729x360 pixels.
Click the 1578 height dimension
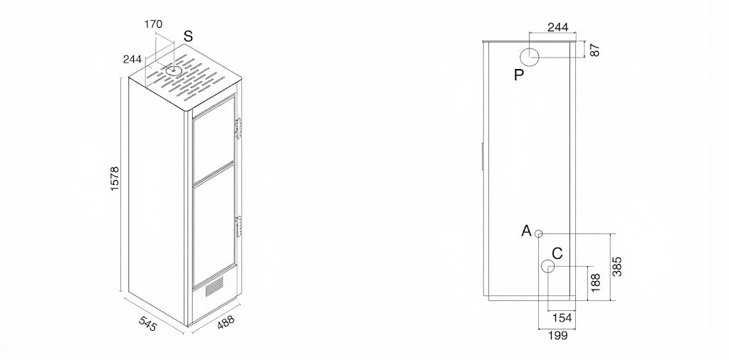tap(115, 179)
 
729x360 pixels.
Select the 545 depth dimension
tap(147, 324)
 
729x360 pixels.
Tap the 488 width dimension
tap(226, 323)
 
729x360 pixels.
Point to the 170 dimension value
tap(154, 25)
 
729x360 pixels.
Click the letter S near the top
tap(188, 36)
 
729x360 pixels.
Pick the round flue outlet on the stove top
tap(174, 71)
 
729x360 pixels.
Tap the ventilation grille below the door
tap(214, 286)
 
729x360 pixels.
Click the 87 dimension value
tap(594, 50)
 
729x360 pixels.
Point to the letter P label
tap(519, 75)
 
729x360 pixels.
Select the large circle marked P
tap(529, 57)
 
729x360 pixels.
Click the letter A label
tap(526, 231)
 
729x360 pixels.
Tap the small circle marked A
tap(538, 233)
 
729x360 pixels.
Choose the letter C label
tap(557, 253)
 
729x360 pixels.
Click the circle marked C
tap(548, 267)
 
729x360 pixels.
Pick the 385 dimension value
tap(617, 266)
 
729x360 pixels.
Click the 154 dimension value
tap(562, 318)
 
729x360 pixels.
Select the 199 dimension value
tap(558, 335)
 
